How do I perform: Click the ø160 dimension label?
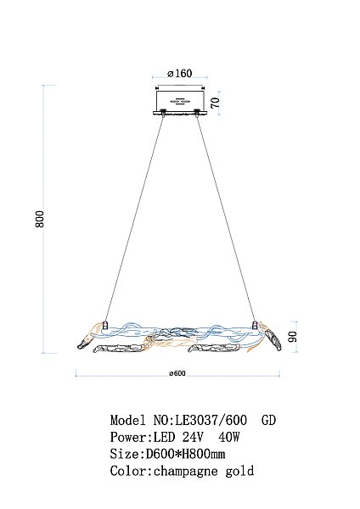point(180,73)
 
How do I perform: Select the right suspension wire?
point(226,217)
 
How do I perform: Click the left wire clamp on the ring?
point(105,323)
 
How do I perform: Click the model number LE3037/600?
point(211,420)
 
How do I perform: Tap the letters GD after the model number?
point(268,420)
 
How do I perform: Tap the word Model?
point(127,420)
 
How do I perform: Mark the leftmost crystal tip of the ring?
point(76,344)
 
